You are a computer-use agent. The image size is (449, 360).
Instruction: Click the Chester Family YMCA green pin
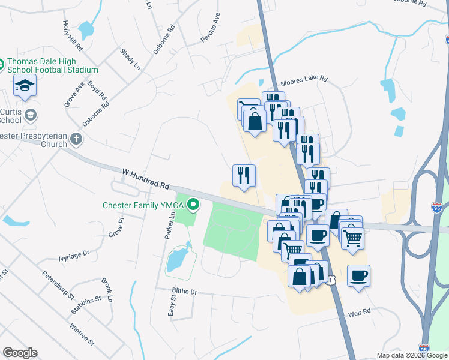193,206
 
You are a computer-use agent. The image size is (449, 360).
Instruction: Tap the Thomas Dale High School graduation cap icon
25,86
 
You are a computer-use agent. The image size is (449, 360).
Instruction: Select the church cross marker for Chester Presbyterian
76,139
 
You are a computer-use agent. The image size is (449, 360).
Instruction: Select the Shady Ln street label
130,59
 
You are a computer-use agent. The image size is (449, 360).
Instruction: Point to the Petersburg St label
58,285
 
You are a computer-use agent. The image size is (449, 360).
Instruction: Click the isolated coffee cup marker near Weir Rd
358,276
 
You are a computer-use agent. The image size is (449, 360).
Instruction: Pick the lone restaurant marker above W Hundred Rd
244,176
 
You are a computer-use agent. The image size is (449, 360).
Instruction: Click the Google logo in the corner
20,353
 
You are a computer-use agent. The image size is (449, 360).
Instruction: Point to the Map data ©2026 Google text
411,355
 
